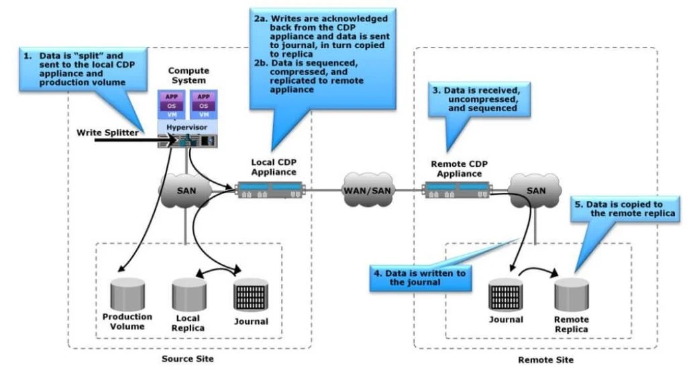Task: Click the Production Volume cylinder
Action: [x=127, y=293]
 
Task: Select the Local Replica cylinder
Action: [x=188, y=293]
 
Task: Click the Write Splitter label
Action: [x=107, y=132]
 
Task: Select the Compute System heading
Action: [x=189, y=76]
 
